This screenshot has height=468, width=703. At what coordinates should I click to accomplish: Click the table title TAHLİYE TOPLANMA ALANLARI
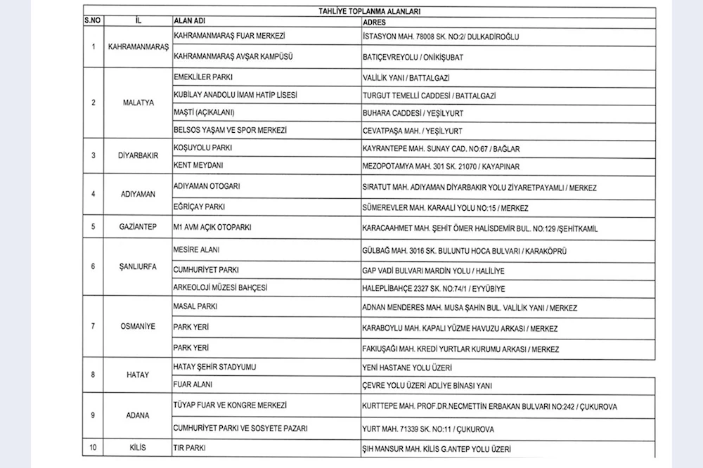[368, 12]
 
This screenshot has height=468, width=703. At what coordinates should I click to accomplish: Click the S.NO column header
[93, 22]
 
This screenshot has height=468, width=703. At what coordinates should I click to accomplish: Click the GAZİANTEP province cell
[136, 228]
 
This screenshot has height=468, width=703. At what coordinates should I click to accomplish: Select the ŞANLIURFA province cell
[136, 268]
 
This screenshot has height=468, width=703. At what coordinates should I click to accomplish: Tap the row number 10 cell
[93, 447]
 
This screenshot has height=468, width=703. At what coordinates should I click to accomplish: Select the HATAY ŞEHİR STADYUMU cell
[214, 367]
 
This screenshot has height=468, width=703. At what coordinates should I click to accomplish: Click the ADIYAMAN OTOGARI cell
[207, 188]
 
